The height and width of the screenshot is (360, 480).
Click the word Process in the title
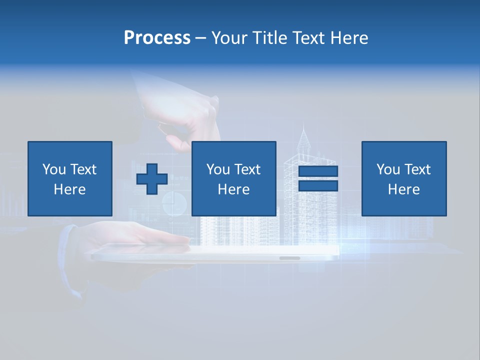tap(157, 38)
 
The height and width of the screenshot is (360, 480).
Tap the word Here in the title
tap(348, 38)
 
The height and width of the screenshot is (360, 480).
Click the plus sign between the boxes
tap(152, 179)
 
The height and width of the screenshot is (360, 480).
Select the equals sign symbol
tap(318, 178)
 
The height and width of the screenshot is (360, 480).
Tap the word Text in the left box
tap(83, 169)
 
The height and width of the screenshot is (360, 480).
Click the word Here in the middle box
tap(234, 189)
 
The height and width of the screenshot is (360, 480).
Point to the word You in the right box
tap(388, 169)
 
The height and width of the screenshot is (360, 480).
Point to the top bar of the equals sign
tap(318, 171)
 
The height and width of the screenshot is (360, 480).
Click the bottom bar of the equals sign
tap(318, 185)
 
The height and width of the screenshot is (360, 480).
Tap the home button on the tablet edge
tap(290, 258)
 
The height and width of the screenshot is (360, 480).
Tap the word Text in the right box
tap(417, 169)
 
